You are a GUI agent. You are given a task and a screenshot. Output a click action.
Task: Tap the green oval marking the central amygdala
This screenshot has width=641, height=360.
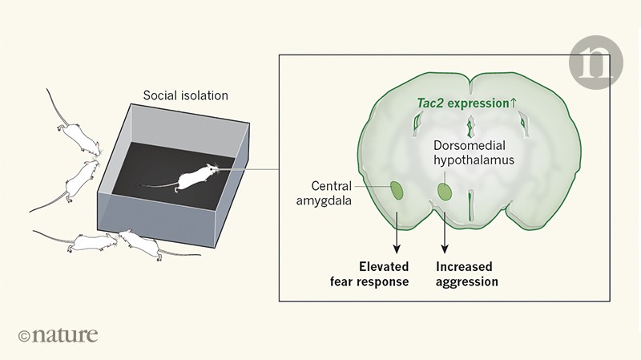396,191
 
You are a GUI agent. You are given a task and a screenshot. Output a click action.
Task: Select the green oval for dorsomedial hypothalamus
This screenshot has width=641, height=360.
445,192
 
